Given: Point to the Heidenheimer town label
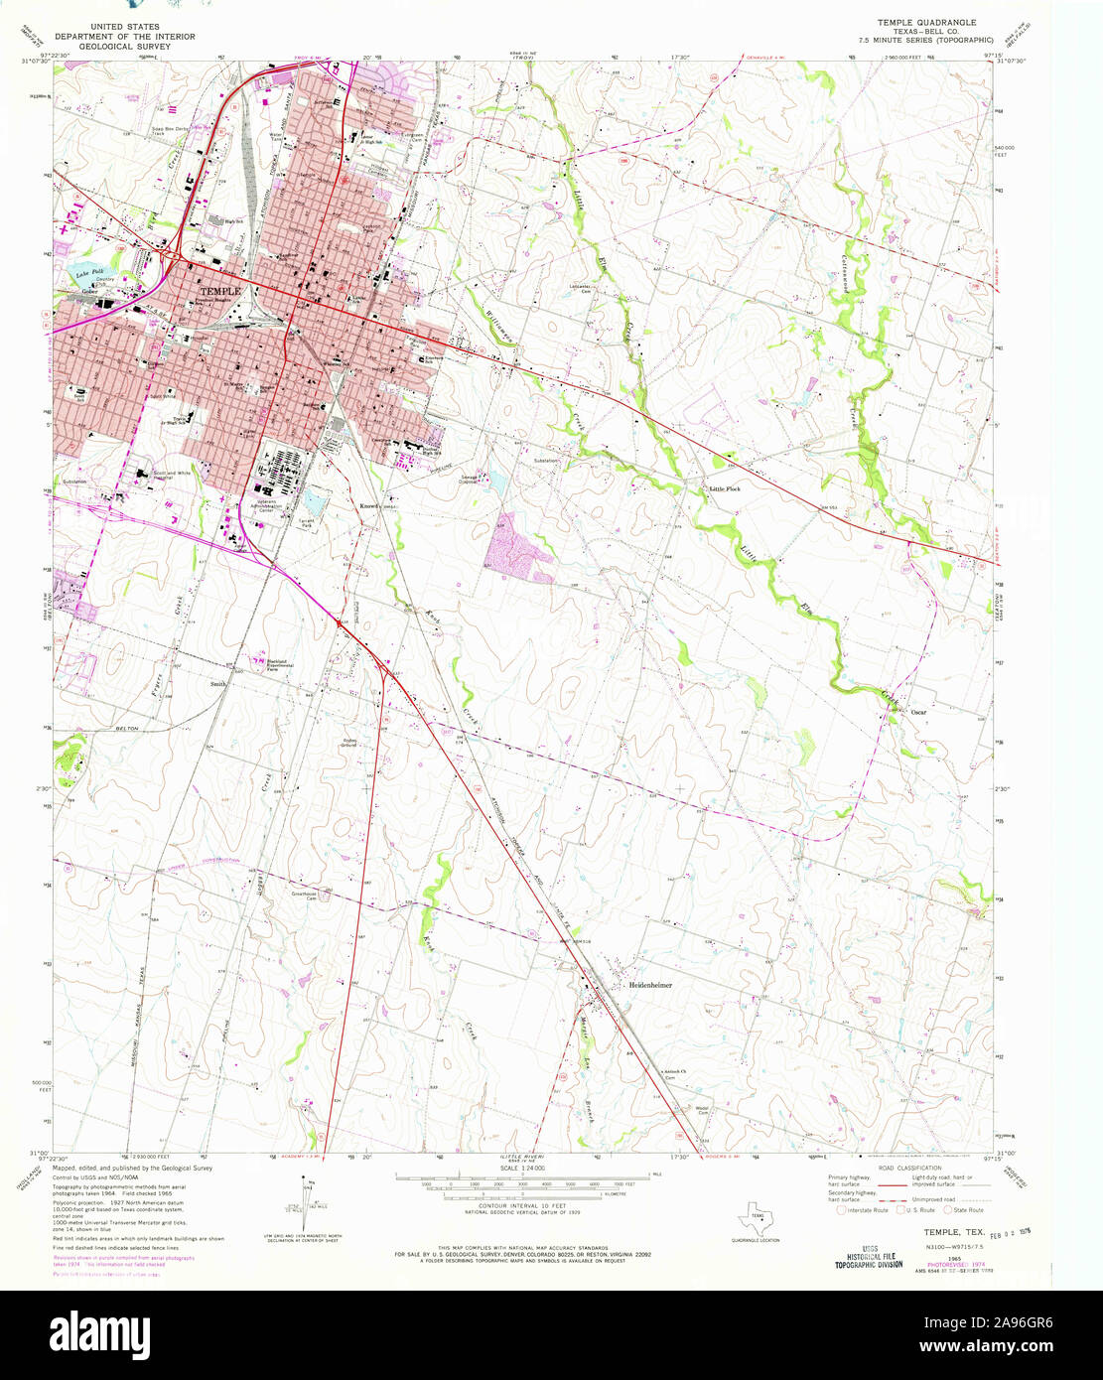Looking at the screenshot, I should tap(650, 985).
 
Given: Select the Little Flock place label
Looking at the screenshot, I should tap(724, 488).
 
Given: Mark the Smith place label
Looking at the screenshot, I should tap(217, 684).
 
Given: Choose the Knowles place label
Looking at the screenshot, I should tap(371, 504).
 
